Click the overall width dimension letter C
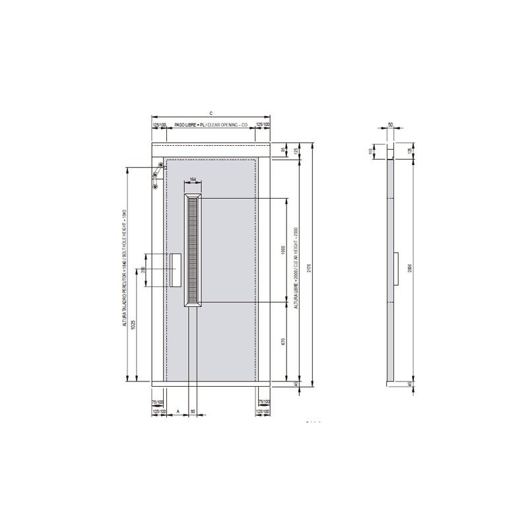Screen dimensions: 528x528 211,114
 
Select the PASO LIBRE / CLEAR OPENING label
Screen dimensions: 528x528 211,125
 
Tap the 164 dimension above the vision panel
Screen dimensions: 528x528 193,179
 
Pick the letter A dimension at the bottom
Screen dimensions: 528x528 178,411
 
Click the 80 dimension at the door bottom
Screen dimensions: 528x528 193,411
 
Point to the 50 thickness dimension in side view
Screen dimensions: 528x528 391,124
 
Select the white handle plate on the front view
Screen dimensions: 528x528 175,270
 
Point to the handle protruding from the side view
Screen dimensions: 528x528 397,270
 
